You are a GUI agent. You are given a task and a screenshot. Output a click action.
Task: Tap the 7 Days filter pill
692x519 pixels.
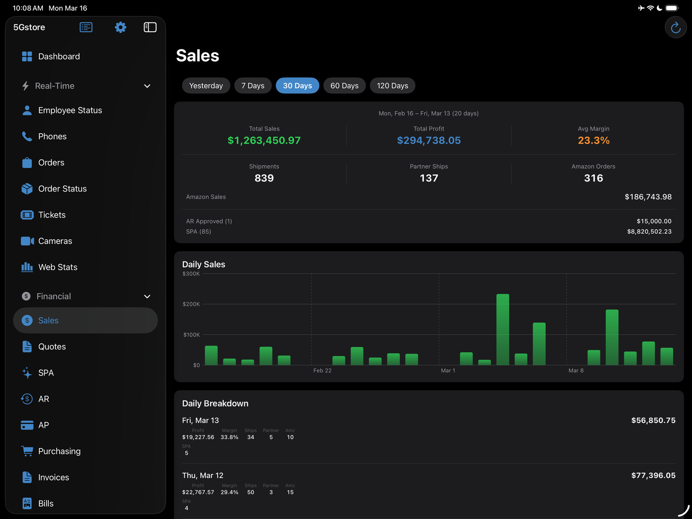(x=253, y=86)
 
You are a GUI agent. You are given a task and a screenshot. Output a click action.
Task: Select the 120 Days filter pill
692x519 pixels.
(x=392, y=86)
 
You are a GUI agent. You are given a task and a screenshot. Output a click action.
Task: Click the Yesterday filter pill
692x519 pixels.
(x=206, y=86)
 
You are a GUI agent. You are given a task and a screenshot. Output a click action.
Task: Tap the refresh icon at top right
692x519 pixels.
(x=676, y=28)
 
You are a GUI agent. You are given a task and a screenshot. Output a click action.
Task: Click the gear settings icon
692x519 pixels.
(x=120, y=27)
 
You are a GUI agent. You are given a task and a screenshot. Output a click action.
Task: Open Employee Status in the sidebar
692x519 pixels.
(x=70, y=110)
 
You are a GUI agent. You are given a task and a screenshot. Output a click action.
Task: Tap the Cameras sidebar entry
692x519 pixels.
(x=55, y=241)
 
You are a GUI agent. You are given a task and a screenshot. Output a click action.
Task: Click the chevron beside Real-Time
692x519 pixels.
(x=147, y=86)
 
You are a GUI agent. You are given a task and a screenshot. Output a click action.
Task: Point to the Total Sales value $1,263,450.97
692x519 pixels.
(x=264, y=141)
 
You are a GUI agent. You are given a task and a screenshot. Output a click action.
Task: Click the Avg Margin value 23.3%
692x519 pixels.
(x=593, y=141)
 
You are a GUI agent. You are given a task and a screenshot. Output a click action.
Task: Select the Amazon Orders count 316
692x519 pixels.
(x=593, y=178)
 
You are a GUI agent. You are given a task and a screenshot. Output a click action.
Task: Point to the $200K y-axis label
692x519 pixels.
(x=191, y=304)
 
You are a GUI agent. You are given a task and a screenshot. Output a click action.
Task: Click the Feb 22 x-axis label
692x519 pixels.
(x=322, y=371)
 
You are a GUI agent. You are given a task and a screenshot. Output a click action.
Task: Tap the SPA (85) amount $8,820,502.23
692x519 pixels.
(x=649, y=231)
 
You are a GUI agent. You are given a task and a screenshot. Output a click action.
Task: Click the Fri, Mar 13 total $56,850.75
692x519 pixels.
(x=653, y=420)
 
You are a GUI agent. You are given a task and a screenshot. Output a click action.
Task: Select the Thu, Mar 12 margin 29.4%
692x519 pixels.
(x=229, y=492)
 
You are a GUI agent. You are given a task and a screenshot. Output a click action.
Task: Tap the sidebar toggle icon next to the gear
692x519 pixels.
(x=150, y=27)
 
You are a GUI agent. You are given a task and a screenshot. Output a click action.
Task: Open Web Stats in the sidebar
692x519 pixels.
(x=58, y=267)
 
